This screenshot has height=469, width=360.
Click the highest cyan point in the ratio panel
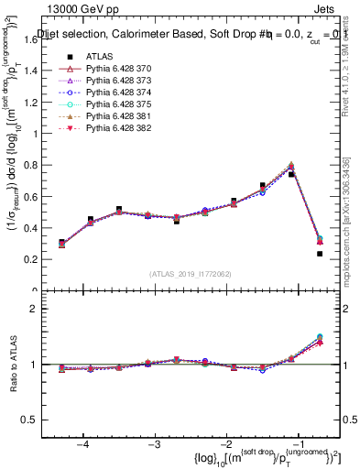pos(320,337)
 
